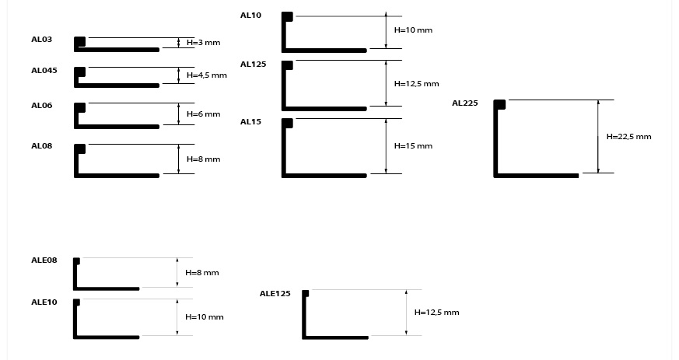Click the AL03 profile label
click(41, 38)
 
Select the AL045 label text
click(44, 70)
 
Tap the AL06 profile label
click(41, 105)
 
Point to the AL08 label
click(41, 145)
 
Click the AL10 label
click(250, 15)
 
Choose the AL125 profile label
click(253, 65)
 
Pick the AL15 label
click(250, 121)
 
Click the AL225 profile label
click(465, 103)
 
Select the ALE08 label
click(44, 260)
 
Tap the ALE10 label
click(44, 301)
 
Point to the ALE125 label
click(275, 293)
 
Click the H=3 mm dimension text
click(203, 42)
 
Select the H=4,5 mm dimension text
click(206, 75)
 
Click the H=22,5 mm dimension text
click(628, 136)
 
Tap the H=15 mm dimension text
click(413, 145)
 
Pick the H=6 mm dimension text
click(203, 114)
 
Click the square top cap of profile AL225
click(499, 105)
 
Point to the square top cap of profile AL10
click(287, 16)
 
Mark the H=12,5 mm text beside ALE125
click(436, 312)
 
